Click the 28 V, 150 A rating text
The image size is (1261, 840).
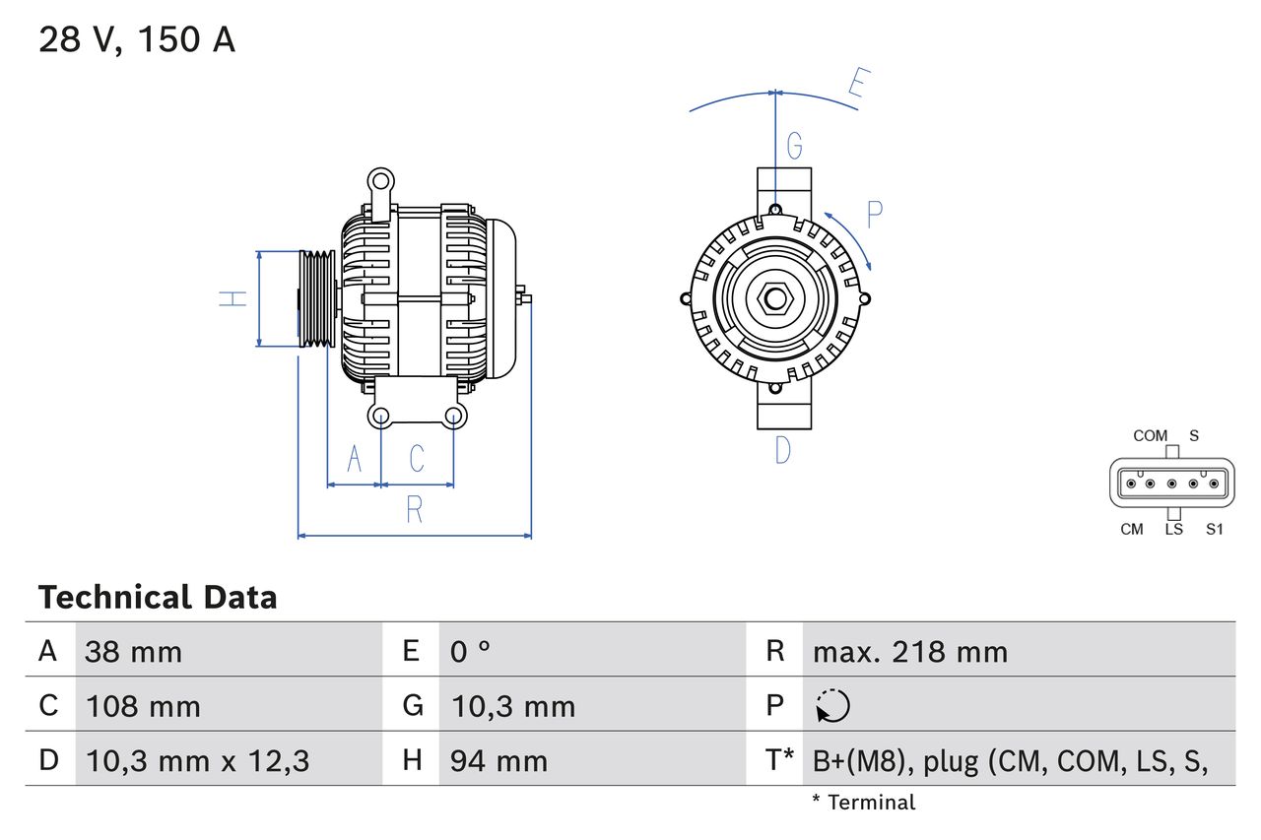point(137,39)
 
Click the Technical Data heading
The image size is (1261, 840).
point(158,597)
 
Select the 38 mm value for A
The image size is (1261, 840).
point(133,652)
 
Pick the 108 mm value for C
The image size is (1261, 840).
point(143,706)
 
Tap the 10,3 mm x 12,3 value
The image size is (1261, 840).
point(198,760)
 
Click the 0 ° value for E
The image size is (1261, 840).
point(471,652)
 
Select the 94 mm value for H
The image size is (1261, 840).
point(498,760)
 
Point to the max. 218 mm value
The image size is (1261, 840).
point(909,652)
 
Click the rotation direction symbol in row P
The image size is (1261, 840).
point(832,706)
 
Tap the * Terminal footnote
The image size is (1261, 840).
point(863,803)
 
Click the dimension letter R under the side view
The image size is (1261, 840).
point(415,510)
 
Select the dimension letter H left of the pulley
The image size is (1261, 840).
point(233,298)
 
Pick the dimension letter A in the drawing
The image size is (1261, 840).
point(355,458)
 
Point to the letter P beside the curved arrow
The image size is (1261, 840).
point(874,214)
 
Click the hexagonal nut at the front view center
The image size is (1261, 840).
point(775,297)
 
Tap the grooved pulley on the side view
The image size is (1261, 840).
point(317,298)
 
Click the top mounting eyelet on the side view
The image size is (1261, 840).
point(380,180)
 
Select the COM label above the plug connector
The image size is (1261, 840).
point(1150,435)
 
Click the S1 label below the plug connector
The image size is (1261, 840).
point(1214,529)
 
